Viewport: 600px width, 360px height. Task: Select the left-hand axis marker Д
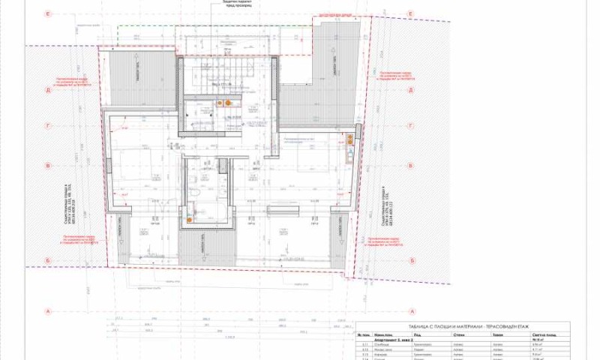(47, 89)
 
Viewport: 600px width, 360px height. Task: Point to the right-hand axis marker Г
(410, 127)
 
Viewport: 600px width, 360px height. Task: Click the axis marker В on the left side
(47, 166)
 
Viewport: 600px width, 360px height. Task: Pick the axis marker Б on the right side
(410, 260)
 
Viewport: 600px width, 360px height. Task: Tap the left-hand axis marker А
(47, 310)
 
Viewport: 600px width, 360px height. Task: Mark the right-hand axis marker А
(410, 310)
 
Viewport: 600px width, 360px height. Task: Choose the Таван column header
(496, 336)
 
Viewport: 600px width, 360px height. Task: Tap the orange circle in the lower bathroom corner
(189, 210)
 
